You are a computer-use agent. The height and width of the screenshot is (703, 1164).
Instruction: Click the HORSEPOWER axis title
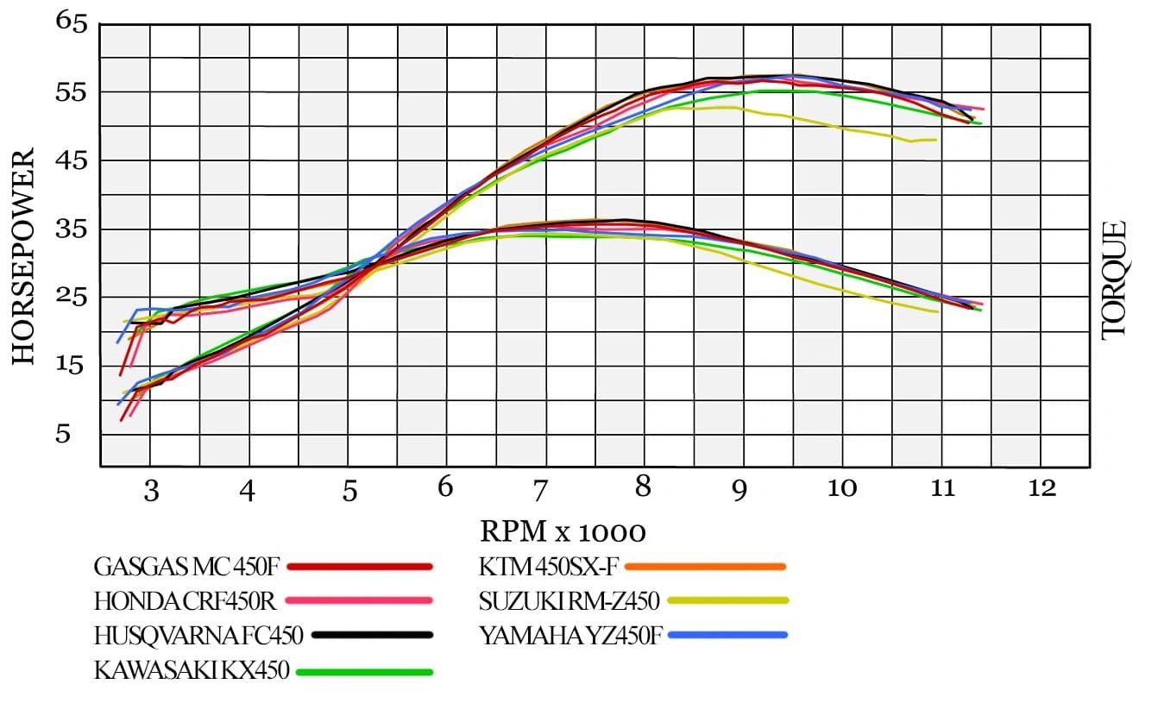click(x=23, y=256)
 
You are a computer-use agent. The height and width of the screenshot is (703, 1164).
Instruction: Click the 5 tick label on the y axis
click(x=63, y=434)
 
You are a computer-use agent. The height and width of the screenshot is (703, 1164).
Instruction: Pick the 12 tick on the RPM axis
click(x=1041, y=489)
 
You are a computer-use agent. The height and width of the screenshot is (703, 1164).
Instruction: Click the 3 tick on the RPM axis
click(x=150, y=491)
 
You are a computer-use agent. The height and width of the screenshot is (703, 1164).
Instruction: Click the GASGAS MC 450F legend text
click(x=186, y=567)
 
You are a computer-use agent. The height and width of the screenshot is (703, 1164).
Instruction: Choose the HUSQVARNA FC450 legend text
click(x=198, y=636)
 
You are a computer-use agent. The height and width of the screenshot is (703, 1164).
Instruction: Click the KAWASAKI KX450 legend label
click(x=191, y=670)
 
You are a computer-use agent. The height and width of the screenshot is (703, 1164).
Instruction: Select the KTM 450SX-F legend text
click(x=548, y=567)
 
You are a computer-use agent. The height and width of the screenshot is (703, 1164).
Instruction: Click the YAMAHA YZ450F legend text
click(x=570, y=636)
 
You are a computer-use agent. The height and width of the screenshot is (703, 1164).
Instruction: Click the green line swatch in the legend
click(x=363, y=671)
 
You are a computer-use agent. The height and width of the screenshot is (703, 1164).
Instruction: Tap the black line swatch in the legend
click(x=372, y=636)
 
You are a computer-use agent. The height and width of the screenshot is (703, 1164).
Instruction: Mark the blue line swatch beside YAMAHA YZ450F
click(x=727, y=636)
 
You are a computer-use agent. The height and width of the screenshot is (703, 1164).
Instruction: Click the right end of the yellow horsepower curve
click(x=935, y=140)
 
